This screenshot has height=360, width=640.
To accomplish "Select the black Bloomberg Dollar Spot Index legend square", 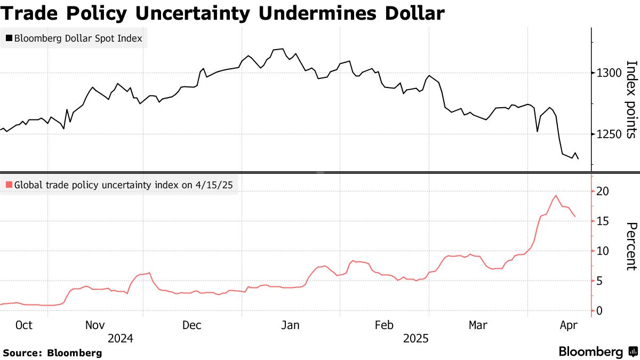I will click(x=9, y=38).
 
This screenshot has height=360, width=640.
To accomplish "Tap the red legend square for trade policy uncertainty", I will click(x=9, y=186).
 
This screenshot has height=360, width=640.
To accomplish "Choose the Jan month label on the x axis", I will click(x=291, y=325).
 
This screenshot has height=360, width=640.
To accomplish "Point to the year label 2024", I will click(x=120, y=338).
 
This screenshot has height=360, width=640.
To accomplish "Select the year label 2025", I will click(x=415, y=338).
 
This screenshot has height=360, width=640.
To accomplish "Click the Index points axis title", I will click(x=631, y=100).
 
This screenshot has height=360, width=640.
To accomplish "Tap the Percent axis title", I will click(x=631, y=246).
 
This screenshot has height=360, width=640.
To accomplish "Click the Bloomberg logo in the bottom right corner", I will click(x=597, y=351).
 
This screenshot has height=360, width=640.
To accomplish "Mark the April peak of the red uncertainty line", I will click(x=556, y=195).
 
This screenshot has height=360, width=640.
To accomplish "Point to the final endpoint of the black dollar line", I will click(x=578, y=158).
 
